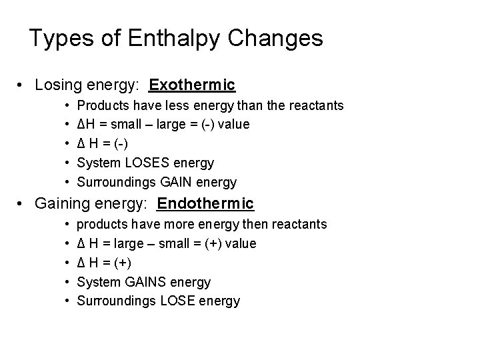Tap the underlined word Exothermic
[x=192, y=85]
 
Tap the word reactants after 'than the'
[x=317, y=105]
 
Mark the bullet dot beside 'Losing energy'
[x=23, y=86]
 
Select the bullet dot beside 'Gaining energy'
[x=23, y=204]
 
